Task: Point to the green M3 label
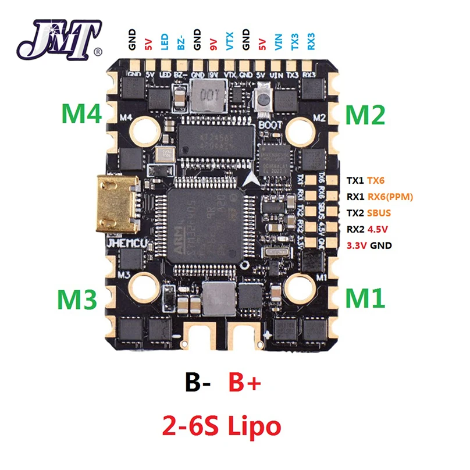click(77, 299)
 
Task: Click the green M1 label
click(365, 298)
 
